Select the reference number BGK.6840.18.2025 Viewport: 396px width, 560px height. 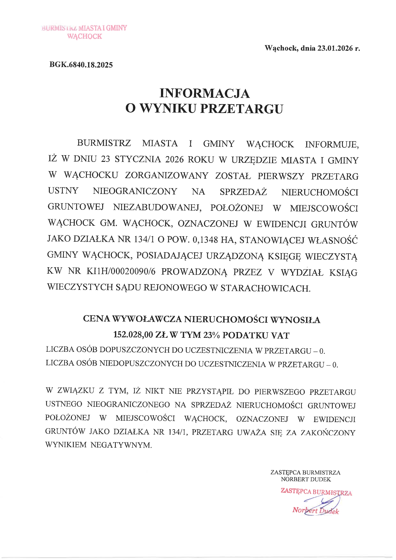point(81,65)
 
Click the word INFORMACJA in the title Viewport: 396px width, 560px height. point(204,93)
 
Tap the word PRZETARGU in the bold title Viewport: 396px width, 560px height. point(241,109)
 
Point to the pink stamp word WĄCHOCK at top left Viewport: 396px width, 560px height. point(85,36)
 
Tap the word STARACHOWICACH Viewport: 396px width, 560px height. point(265,288)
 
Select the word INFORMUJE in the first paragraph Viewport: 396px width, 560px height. point(332,144)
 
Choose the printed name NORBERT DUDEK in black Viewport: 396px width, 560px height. point(306,479)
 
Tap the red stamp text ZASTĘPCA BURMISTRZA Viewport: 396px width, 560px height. point(316,492)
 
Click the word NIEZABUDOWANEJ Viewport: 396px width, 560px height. point(157,208)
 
